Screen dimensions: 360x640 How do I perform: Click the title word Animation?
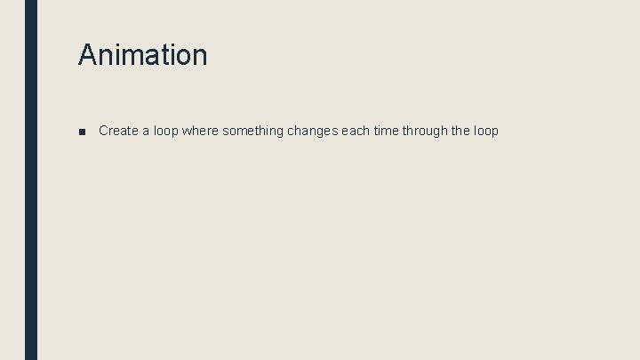(142, 55)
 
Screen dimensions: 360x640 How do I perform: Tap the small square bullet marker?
(82, 132)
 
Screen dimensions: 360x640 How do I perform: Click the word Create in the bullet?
(118, 131)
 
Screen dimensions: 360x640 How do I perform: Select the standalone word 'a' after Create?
(146, 131)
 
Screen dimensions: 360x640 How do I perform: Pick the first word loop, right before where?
(165, 131)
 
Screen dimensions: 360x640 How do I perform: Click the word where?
(200, 131)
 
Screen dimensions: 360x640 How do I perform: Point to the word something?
(253, 131)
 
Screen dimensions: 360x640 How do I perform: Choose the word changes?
(312, 131)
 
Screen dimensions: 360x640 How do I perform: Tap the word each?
(356, 131)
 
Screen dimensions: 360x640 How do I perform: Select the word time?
(387, 131)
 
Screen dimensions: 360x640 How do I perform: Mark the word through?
(425, 131)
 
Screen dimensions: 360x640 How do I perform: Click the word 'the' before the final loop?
(460, 131)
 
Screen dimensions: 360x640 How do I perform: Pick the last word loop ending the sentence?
(486, 131)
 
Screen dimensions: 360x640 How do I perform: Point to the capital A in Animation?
(87, 55)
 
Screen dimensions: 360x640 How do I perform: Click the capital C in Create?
(104, 131)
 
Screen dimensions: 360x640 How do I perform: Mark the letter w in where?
(187, 131)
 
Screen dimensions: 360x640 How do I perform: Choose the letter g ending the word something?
(279, 132)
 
